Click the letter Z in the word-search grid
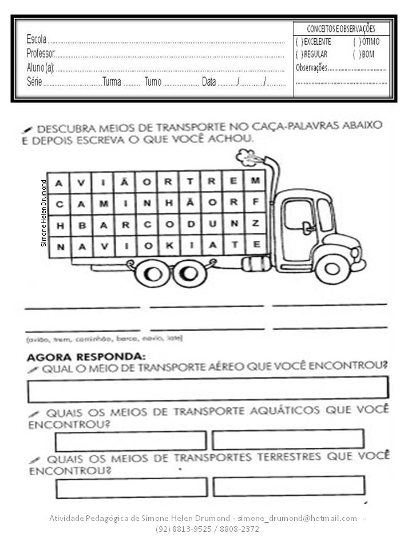pos(255,224)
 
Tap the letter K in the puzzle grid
pos(169,245)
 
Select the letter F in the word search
pos(255,202)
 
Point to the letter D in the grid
pos(189,224)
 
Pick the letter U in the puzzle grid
pos(211,224)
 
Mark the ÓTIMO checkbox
pos(357,42)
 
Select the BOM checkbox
pos(357,54)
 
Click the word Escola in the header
pos(37,40)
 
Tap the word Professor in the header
pos(40,54)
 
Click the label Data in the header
pos(209,82)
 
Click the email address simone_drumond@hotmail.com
pos(297,518)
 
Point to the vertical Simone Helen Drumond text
pos(43,213)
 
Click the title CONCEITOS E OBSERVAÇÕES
pos(341,29)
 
